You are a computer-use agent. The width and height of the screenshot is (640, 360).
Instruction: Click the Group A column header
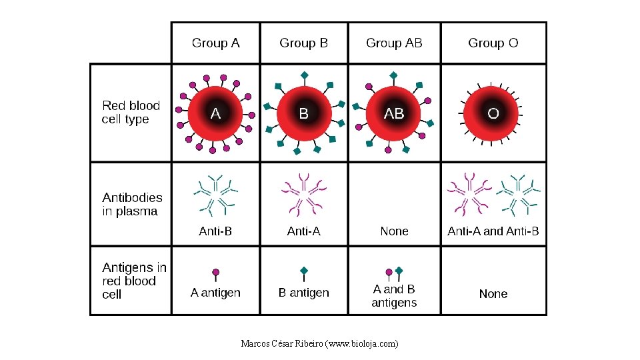pyautogui.click(x=215, y=43)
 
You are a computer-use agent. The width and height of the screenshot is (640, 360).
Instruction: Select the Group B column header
pyautogui.click(x=303, y=43)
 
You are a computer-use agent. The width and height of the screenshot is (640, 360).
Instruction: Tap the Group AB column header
pyautogui.click(x=394, y=43)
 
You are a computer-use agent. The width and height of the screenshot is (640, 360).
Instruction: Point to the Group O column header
pyautogui.click(x=493, y=43)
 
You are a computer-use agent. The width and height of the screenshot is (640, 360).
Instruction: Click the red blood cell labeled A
pyautogui.click(x=215, y=113)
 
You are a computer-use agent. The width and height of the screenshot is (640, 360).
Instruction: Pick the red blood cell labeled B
pyautogui.click(x=304, y=113)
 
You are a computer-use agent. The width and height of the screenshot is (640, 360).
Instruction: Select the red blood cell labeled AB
pyautogui.click(x=394, y=113)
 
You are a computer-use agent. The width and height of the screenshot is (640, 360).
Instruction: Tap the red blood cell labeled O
pyautogui.click(x=493, y=113)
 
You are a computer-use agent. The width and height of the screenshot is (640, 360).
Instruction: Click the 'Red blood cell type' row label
pyautogui.click(x=131, y=113)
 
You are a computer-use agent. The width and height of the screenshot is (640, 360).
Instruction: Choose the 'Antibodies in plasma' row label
pyautogui.click(x=132, y=205)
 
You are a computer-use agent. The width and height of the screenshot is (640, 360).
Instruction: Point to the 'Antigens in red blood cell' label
pyautogui.click(x=134, y=281)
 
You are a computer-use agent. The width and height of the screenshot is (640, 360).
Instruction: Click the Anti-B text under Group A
pyautogui.click(x=215, y=231)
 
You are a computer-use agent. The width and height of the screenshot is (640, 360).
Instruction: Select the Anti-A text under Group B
pyautogui.click(x=303, y=231)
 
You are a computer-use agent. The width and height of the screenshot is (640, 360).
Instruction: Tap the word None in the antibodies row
pyautogui.click(x=394, y=231)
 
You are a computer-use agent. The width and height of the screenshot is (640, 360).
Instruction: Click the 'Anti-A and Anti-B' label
pyautogui.click(x=493, y=231)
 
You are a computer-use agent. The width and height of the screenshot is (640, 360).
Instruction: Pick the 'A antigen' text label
pyautogui.click(x=215, y=293)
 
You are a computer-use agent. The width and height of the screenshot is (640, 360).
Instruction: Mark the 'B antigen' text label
pyautogui.click(x=303, y=293)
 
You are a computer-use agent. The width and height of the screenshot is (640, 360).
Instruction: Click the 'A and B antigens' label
pyautogui.click(x=394, y=296)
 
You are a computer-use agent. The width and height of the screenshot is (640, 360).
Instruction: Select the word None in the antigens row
pyautogui.click(x=493, y=294)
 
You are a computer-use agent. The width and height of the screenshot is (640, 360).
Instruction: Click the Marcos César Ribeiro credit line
pyautogui.click(x=319, y=344)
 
